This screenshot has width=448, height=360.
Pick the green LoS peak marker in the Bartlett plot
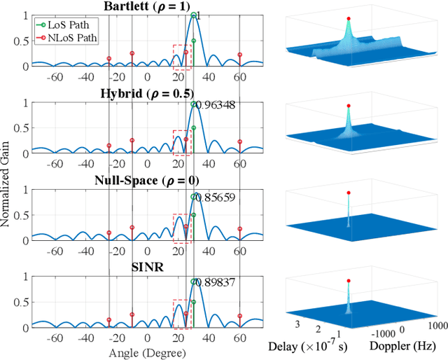(193, 15)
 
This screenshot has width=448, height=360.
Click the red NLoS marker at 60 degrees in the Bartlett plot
(239, 55)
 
